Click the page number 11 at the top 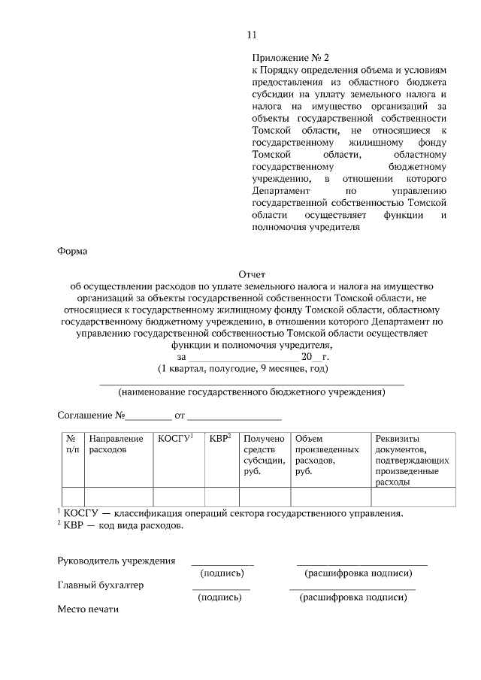tap(252, 35)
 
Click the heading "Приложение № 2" tap(290, 56)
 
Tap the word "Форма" tap(73, 252)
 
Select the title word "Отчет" tap(252, 275)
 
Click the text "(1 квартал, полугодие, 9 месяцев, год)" tap(243, 369)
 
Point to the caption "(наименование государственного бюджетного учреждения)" tap(252, 392)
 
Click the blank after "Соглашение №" tap(148, 415)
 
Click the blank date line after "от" tap(234, 415)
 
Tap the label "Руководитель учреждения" tap(116, 561)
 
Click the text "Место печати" tap(88, 609)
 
